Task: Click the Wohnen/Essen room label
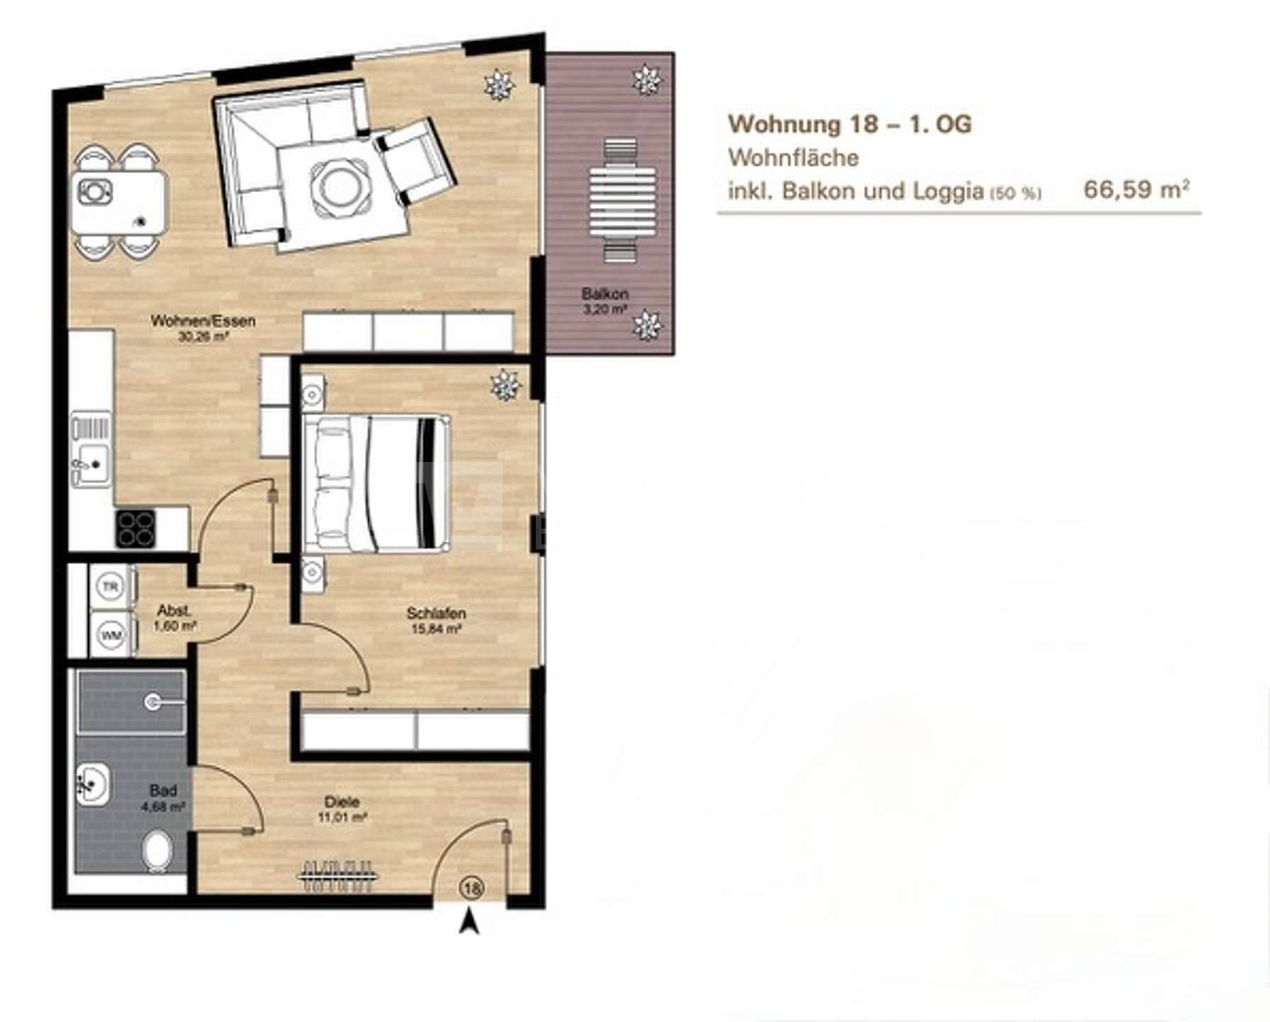(x=203, y=321)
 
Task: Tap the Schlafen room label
(x=436, y=612)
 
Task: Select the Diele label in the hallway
(x=342, y=801)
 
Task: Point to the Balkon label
(x=605, y=293)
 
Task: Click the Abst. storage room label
(x=174, y=610)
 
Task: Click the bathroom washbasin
(x=92, y=784)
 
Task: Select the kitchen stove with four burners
(x=136, y=529)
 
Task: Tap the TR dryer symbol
(x=110, y=586)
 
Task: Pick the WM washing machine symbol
(x=111, y=634)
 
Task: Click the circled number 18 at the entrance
(x=473, y=888)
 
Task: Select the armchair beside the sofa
(x=414, y=162)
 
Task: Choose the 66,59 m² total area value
(x=1136, y=189)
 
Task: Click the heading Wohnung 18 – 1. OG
(x=849, y=124)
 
